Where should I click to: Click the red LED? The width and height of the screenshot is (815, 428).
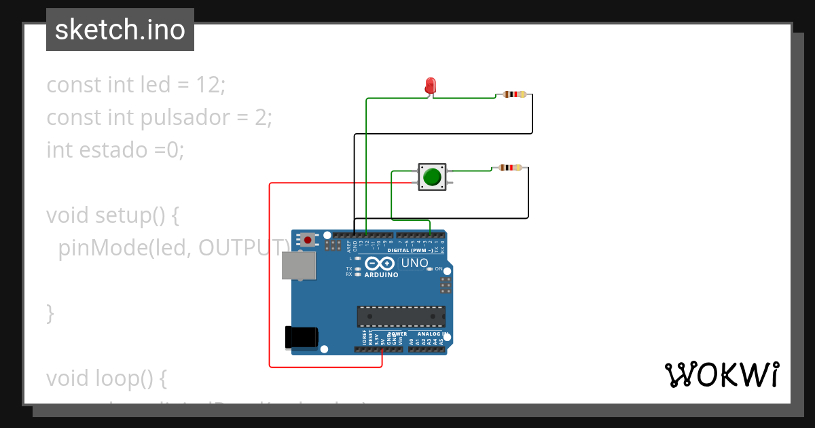(x=430, y=86)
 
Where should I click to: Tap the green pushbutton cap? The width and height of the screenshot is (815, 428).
(x=432, y=177)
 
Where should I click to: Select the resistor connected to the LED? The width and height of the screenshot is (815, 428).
(x=515, y=94)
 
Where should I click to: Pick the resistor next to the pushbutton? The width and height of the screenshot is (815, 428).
(x=510, y=168)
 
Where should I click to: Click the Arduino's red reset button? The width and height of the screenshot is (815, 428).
(x=308, y=240)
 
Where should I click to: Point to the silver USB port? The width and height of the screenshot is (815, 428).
(x=300, y=266)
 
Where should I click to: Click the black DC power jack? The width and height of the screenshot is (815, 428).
(x=302, y=337)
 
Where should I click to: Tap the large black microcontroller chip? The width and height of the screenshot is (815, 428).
(x=401, y=317)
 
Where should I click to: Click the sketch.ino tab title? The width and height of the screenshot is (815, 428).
(x=120, y=30)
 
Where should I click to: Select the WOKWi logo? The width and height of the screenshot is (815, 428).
(x=721, y=375)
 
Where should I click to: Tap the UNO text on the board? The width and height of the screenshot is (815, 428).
(x=414, y=264)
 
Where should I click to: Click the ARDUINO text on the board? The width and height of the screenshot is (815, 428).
(x=381, y=275)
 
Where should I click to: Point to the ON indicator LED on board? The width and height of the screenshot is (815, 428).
(x=430, y=269)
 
